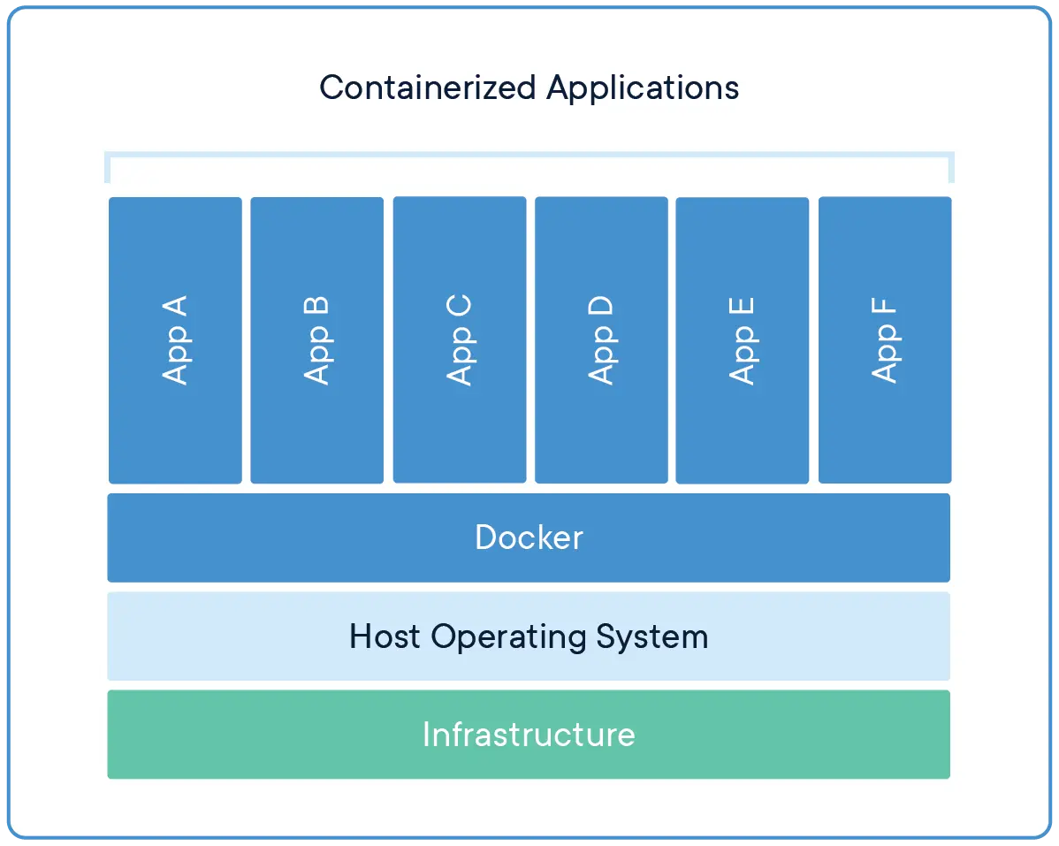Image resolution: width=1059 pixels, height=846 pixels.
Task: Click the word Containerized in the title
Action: [427, 88]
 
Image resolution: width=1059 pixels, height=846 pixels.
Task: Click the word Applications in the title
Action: [642, 88]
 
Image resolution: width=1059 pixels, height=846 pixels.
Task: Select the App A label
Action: [175, 340]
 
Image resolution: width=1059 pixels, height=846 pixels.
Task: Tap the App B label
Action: [316, 340]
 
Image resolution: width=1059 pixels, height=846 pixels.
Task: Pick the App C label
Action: [459, 340]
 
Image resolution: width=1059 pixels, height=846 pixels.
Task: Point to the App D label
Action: [601, 340]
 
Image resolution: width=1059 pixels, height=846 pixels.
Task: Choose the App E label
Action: [742, 340]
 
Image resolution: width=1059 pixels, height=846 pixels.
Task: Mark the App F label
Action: [884, 340]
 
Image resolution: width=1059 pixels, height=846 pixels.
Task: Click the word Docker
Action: [529, 537]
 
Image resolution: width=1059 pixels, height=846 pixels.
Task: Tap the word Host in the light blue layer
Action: [385, 636]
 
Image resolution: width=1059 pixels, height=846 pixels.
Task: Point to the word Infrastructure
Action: [529, 735]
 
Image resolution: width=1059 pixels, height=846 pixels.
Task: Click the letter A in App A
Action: [175, 307]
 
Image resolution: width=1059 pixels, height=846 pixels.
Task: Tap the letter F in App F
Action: [884, 309]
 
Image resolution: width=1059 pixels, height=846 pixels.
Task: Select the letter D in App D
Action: [601, 307]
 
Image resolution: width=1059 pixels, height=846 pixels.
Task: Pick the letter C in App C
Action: [459, 307]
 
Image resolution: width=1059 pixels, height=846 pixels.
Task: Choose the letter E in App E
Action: [742, 308]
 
